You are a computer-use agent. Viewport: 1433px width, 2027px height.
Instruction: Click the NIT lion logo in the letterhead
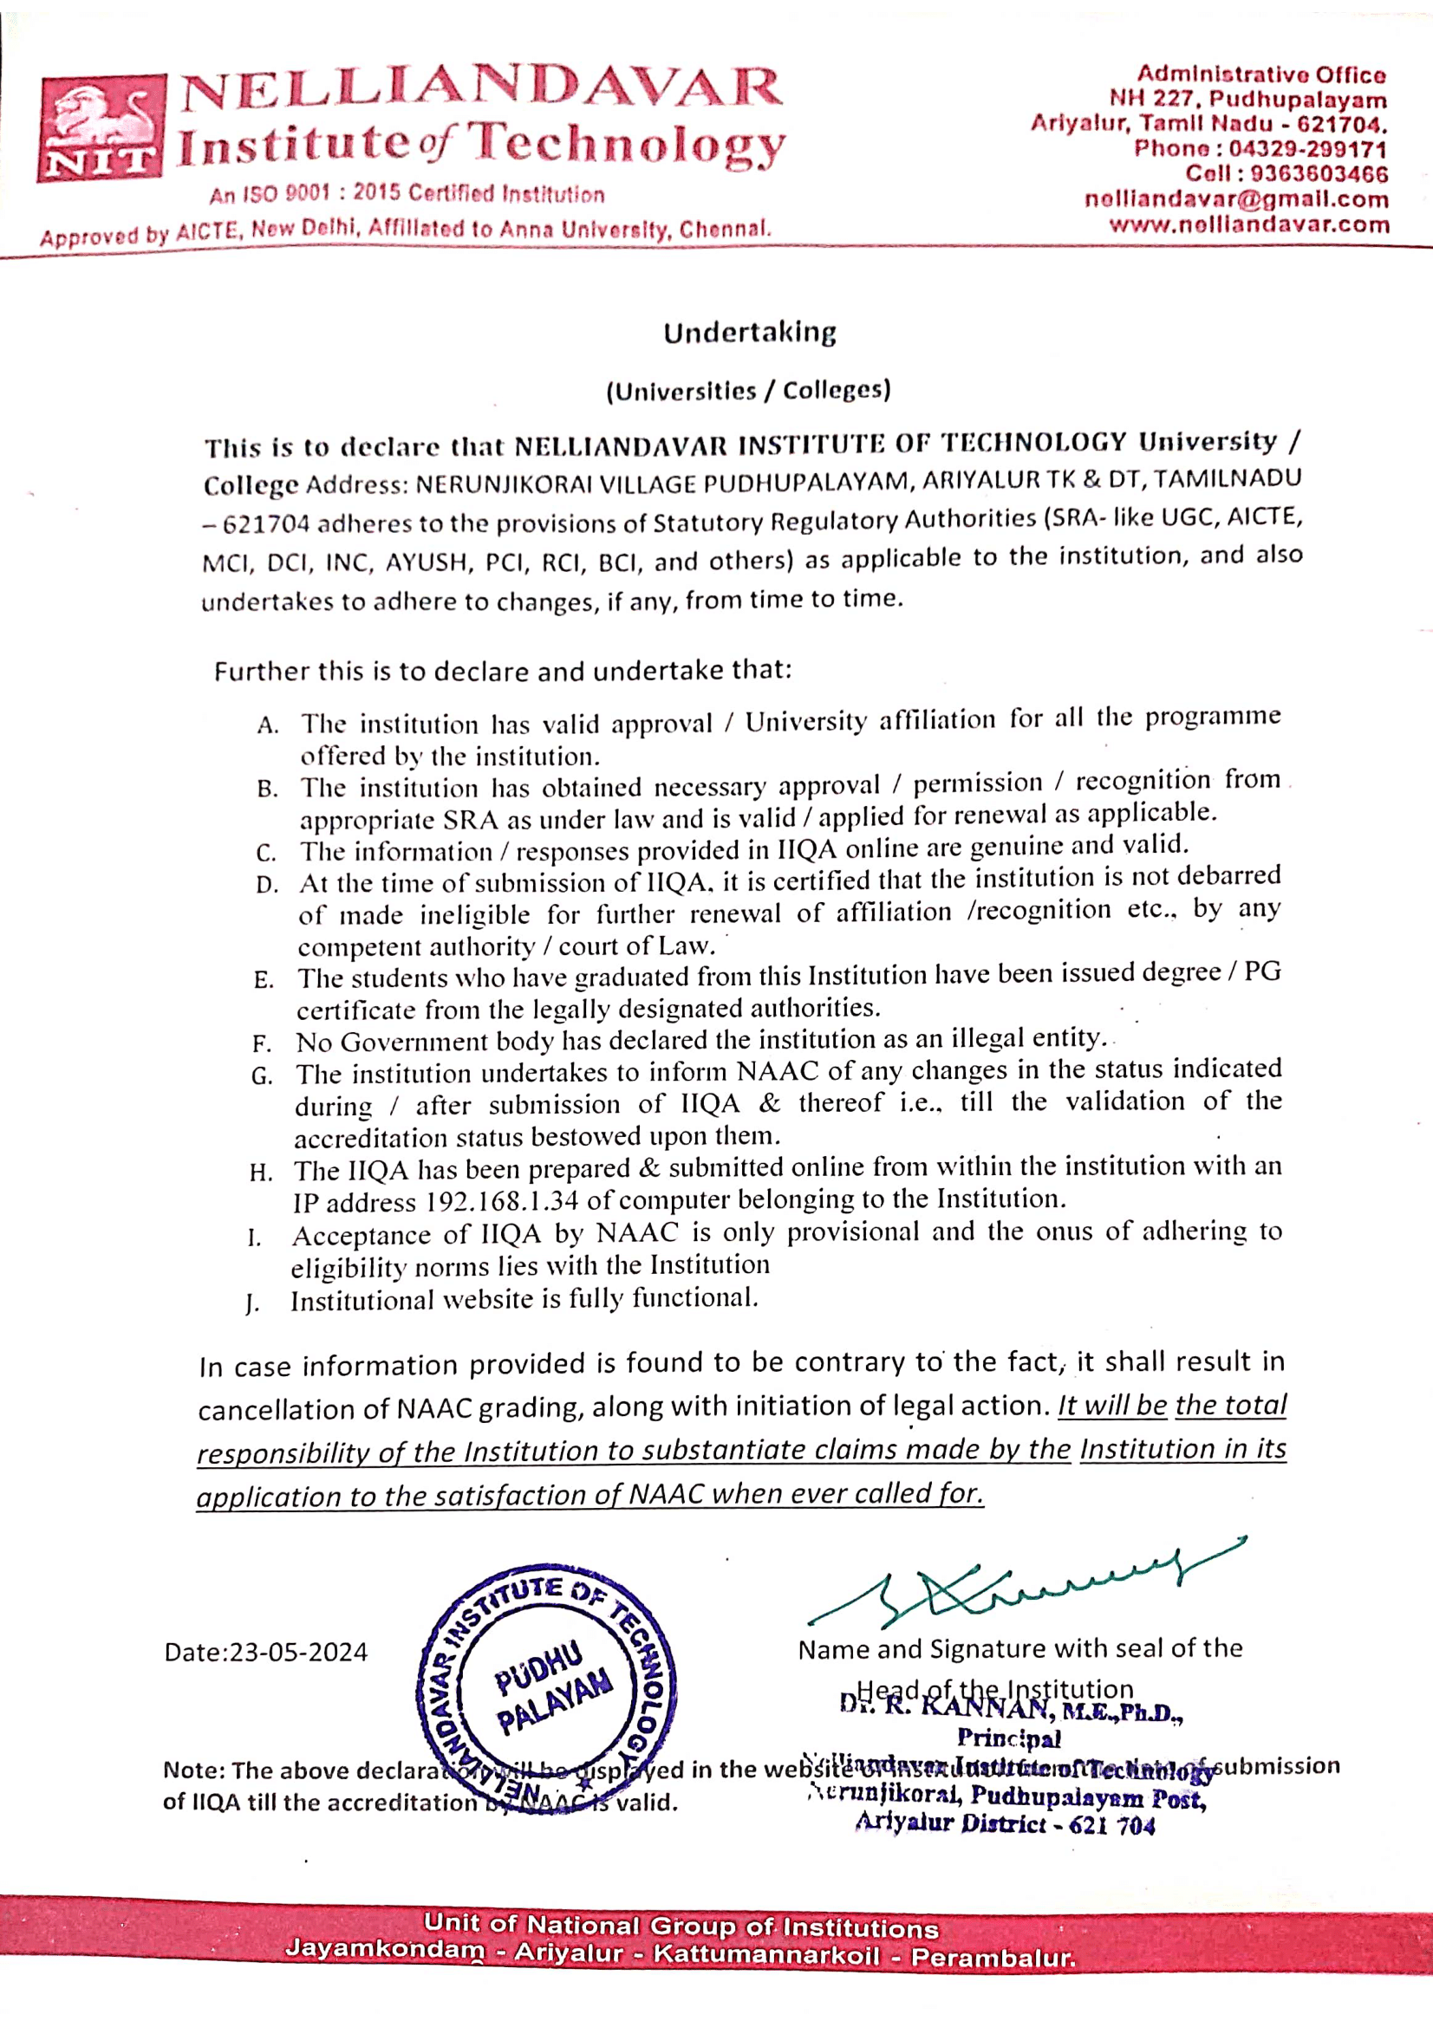(100, 129)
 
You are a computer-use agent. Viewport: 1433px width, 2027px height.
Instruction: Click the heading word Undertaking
(750, 333)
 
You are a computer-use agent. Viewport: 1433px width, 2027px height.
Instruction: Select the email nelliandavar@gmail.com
(1236, 198)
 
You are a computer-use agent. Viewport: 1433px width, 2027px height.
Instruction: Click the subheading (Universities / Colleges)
(748, 390)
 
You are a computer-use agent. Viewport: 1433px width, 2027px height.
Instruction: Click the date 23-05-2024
(298, 1652)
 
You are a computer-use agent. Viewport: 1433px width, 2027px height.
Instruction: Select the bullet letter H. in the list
(260, 1173)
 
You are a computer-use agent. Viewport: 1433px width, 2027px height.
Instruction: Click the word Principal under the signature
(1008, 1738)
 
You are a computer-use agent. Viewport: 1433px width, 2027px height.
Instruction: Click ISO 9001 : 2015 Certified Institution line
(407, 194)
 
